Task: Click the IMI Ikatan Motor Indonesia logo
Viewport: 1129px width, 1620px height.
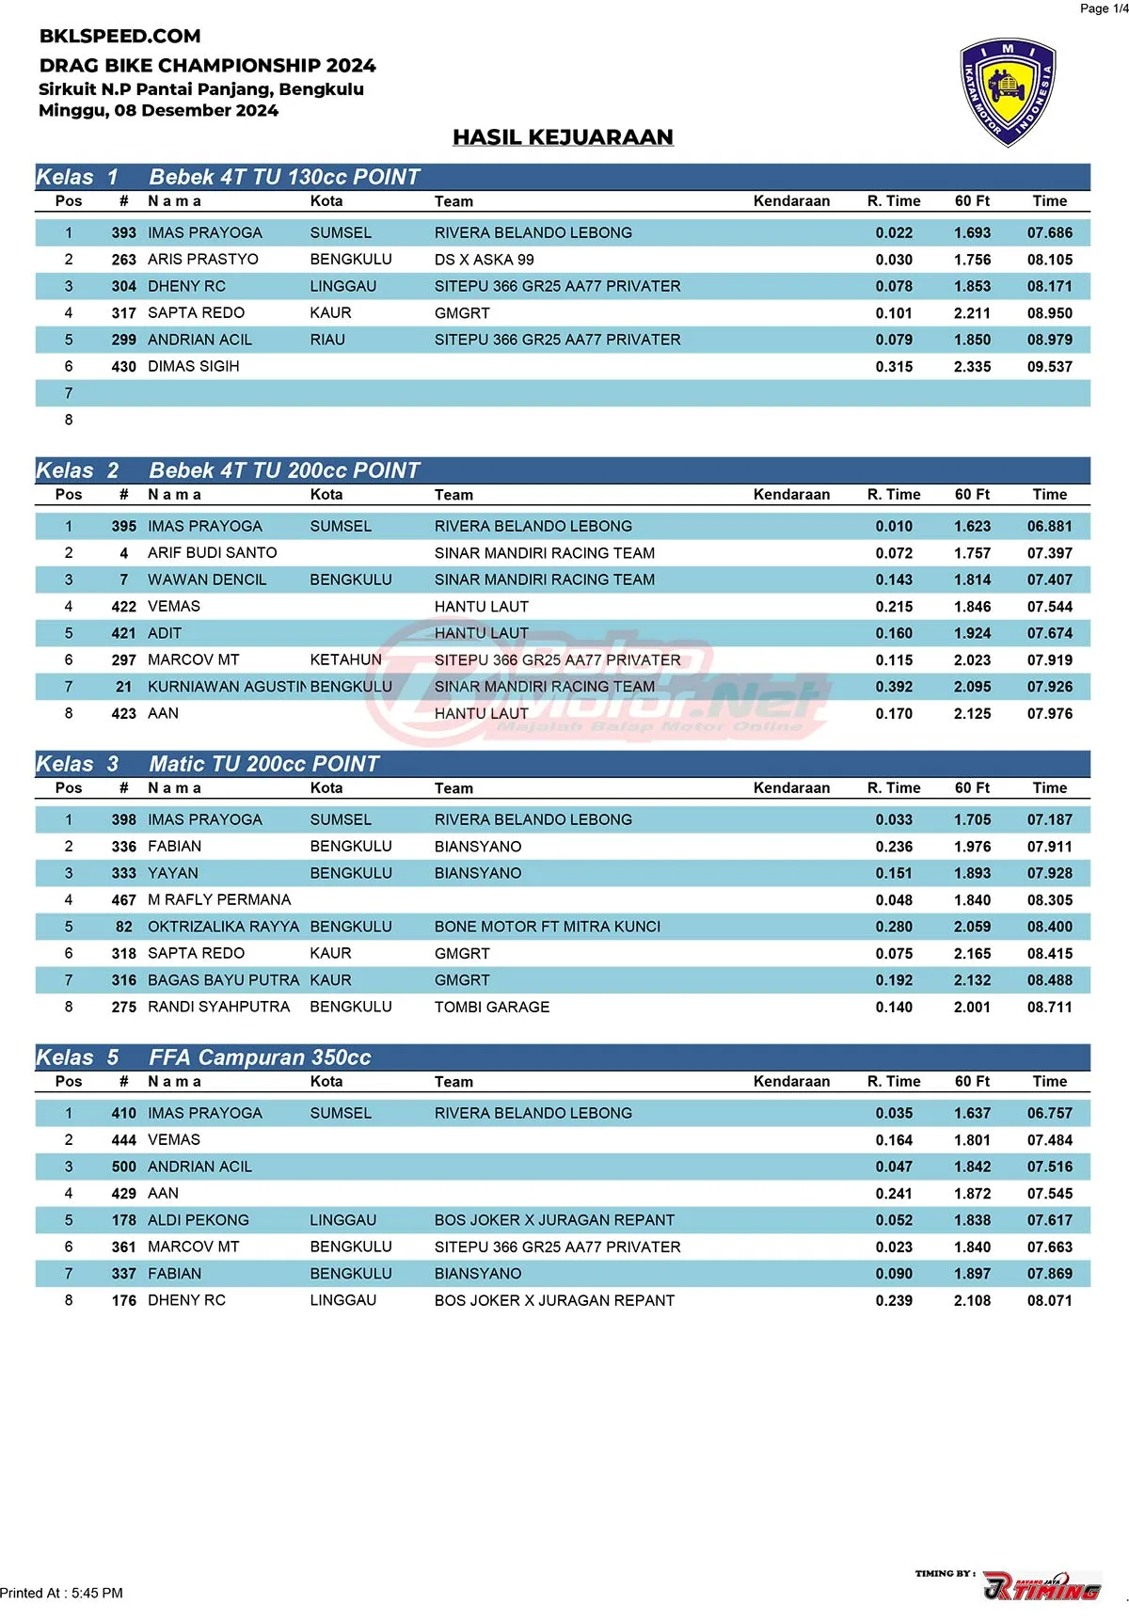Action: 1007,93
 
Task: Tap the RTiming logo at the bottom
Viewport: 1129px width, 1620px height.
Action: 1042,1586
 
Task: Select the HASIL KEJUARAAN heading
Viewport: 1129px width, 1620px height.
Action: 563,137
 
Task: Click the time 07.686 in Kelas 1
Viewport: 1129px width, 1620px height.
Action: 1049,233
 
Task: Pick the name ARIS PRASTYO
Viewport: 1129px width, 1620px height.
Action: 202,260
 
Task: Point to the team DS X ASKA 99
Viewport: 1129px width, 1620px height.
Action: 484,260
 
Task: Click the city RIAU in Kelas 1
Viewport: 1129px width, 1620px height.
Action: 327,340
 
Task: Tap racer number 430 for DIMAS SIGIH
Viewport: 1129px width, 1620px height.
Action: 123,367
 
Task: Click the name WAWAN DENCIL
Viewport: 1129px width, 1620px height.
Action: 207,580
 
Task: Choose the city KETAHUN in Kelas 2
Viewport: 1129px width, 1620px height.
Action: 345,660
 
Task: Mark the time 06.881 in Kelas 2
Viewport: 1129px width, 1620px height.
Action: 1049,527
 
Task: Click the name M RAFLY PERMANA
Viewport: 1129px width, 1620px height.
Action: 219,900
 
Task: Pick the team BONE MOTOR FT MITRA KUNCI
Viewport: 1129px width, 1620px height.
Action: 547,927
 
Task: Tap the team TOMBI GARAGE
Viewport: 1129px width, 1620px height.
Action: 491,1007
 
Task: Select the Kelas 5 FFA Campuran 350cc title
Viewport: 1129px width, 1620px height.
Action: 259,1057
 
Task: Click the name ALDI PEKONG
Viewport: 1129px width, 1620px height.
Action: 198,1220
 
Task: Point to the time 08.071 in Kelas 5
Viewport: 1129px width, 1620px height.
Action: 1049,1301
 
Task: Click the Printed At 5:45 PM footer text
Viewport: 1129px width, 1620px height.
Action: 62,1593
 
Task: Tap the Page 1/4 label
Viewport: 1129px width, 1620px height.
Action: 1103,8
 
